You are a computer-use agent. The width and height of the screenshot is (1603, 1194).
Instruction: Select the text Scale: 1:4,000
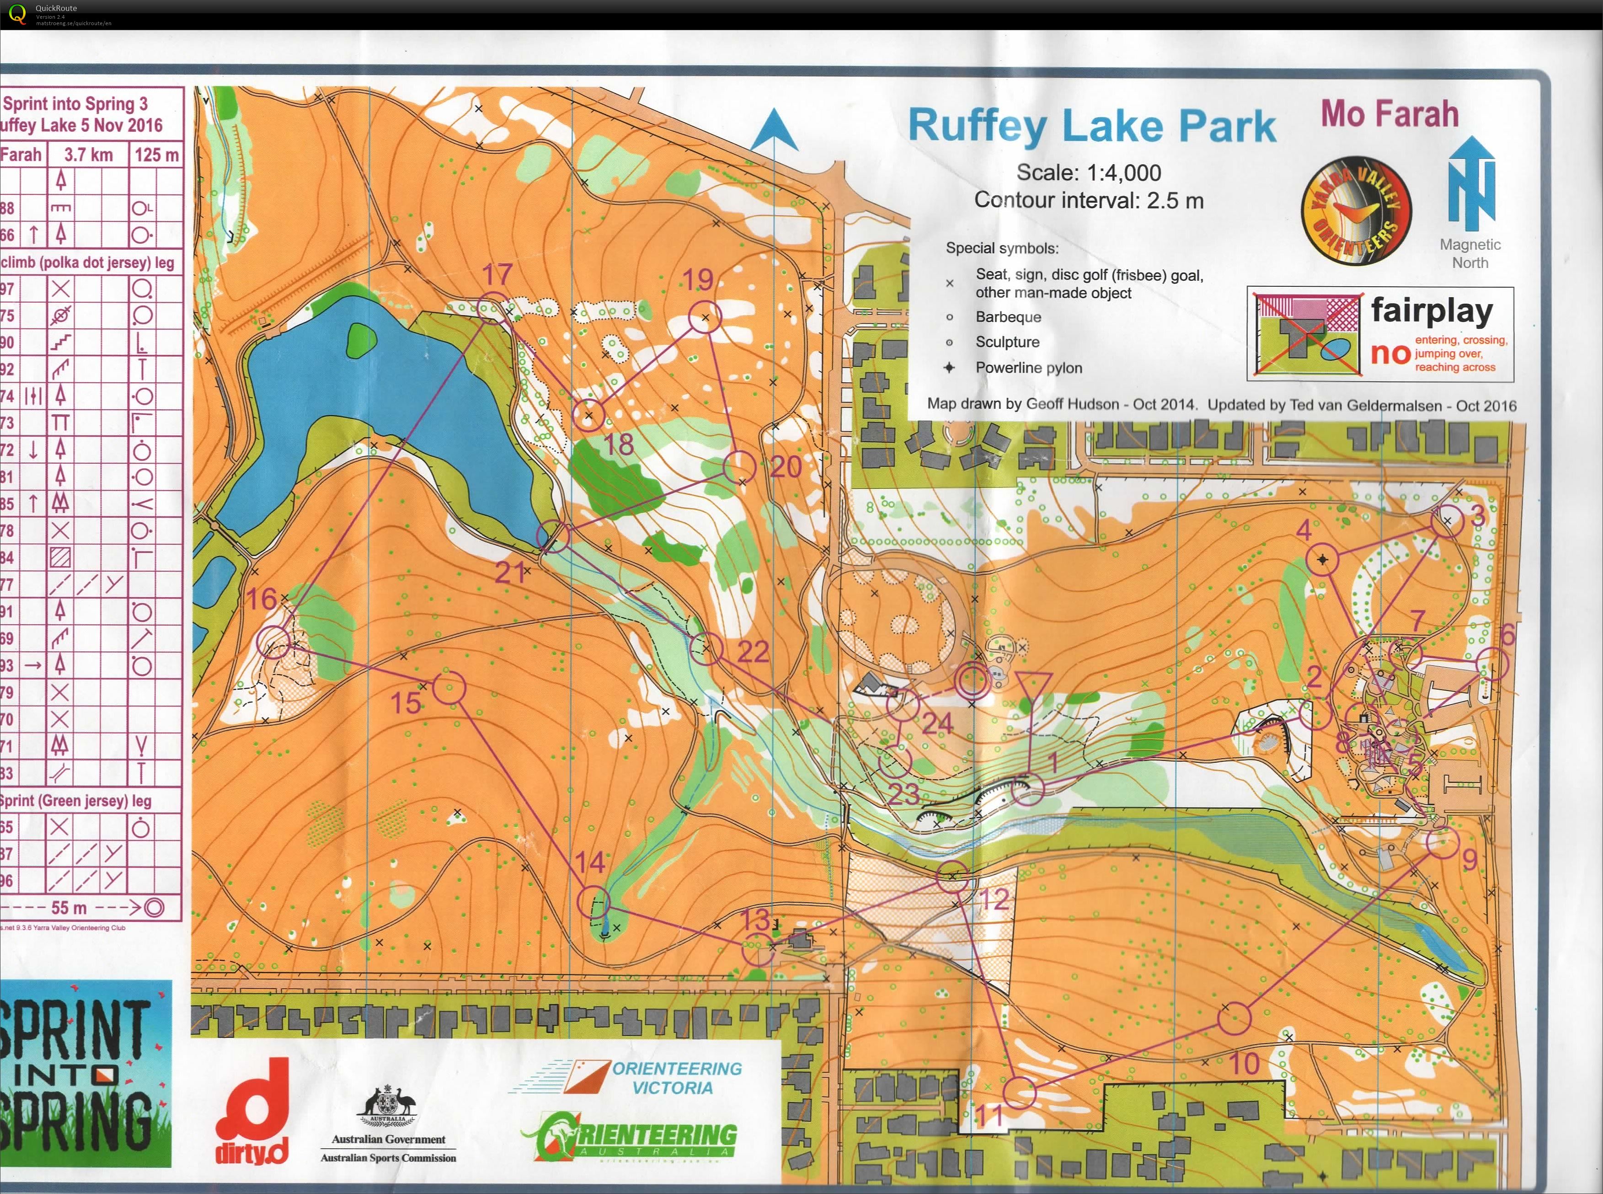tap(1089, 173)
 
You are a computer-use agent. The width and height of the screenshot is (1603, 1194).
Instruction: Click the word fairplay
tap(1432, 311)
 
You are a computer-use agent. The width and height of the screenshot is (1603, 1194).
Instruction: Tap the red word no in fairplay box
tap(1390, 354)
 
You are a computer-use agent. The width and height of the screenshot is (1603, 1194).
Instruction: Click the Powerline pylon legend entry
tap(1028, 368)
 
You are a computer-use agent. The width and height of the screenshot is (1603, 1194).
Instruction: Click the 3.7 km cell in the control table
tap(88, 155)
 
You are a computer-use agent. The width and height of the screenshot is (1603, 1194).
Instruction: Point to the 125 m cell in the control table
tap(156, 155)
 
